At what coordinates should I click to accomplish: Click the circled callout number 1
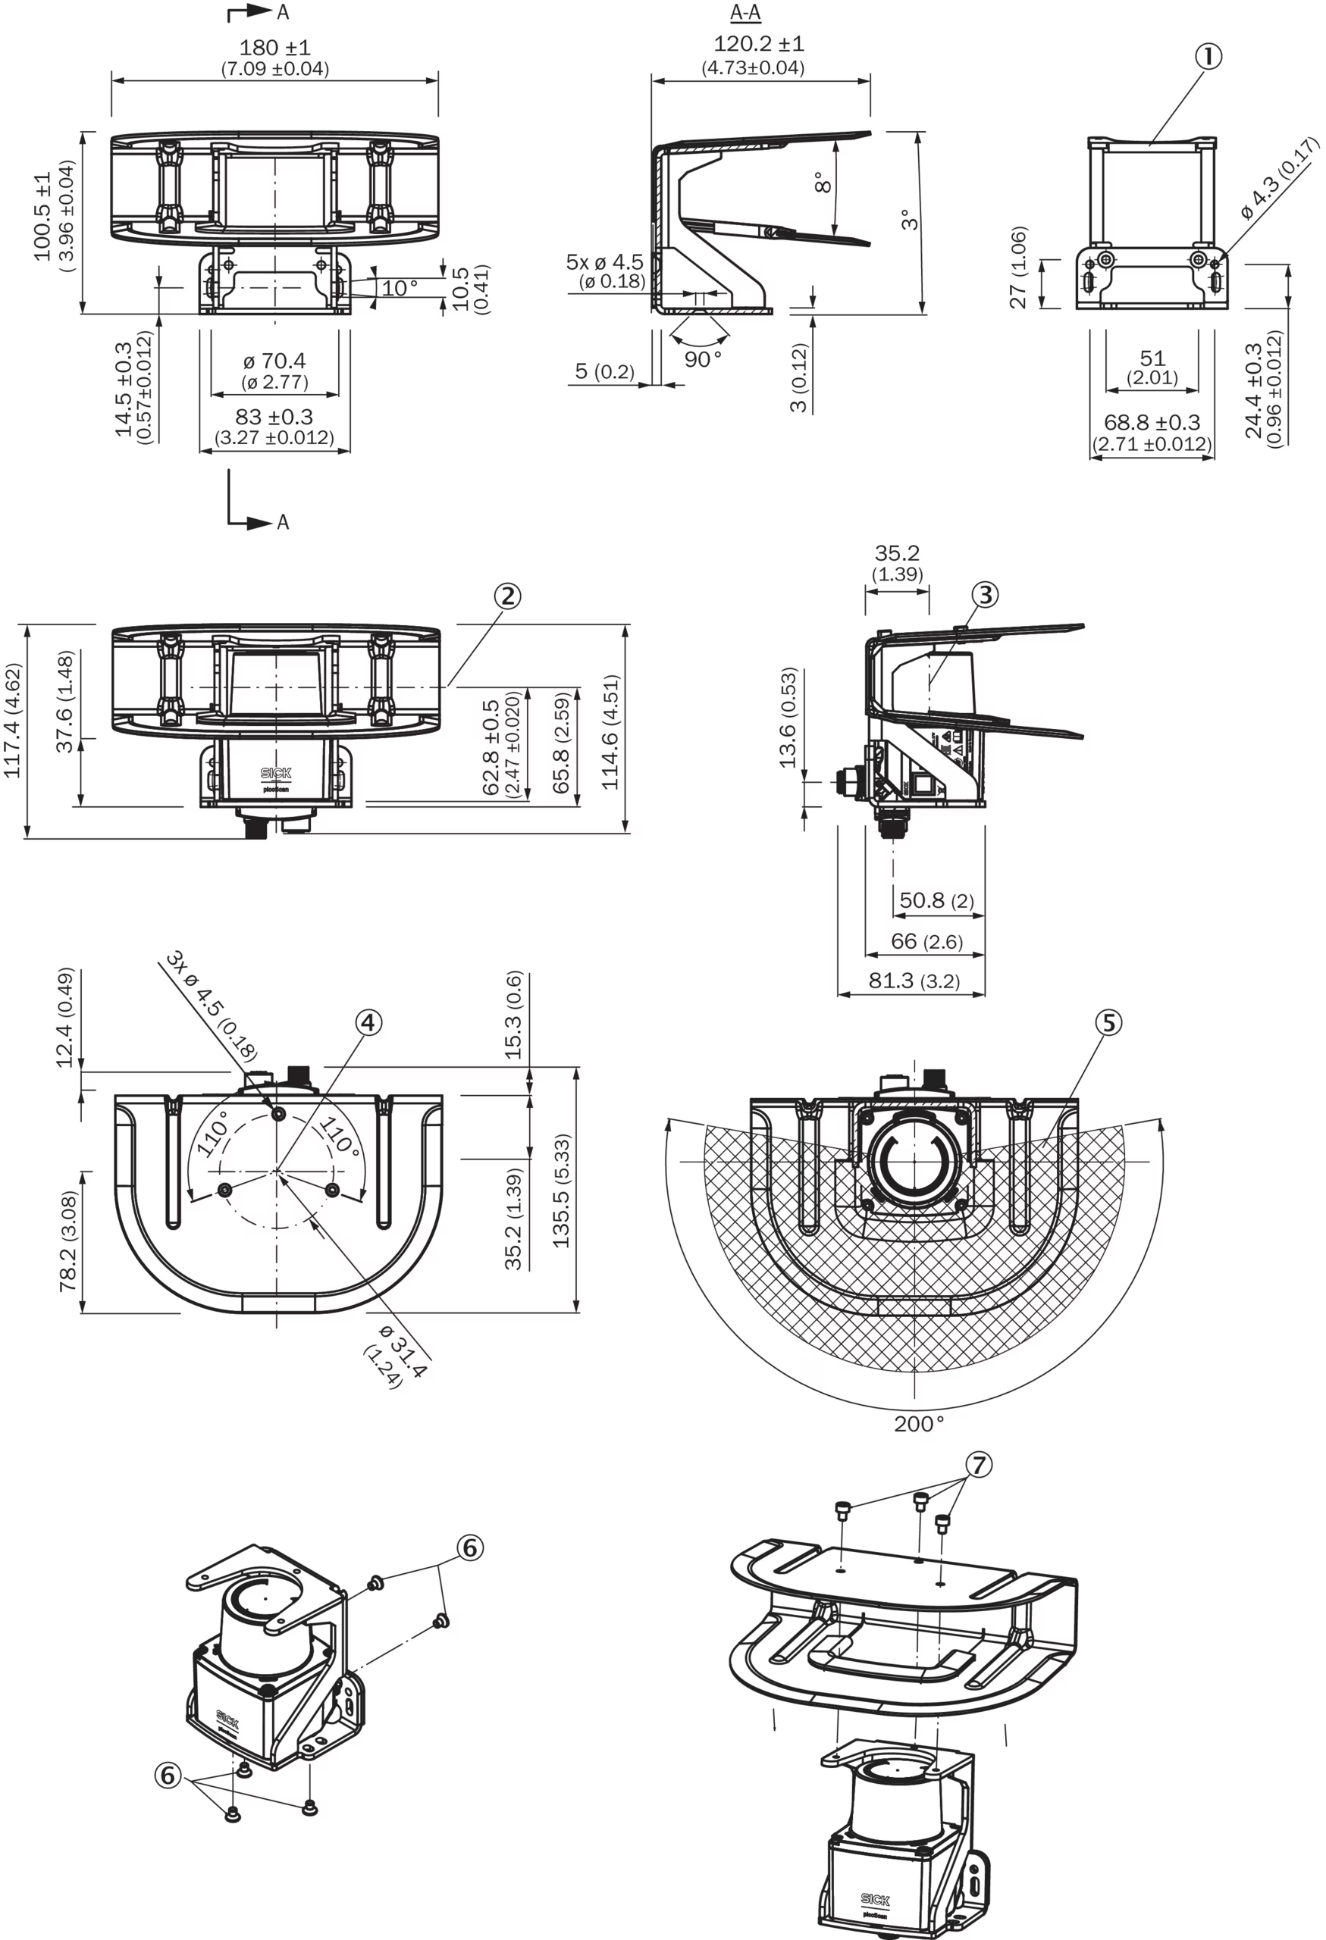click(1208, 57)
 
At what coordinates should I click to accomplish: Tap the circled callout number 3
click(986, 594)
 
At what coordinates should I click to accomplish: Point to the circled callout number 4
click(368, 1022)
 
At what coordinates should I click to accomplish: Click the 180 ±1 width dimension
click(274, 48)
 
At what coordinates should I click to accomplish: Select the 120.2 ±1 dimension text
click(758, 44)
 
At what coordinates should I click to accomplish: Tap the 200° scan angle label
click(919, 1423)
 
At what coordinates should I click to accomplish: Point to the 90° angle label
click(702, 359)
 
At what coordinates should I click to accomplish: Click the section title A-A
click(746, 13)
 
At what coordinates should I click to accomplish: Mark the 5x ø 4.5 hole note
click(606, 262)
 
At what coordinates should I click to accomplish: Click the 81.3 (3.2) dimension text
click(914, 980)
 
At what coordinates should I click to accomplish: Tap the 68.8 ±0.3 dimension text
click(1152, 422)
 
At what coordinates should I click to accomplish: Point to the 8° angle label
click(822, 183)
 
